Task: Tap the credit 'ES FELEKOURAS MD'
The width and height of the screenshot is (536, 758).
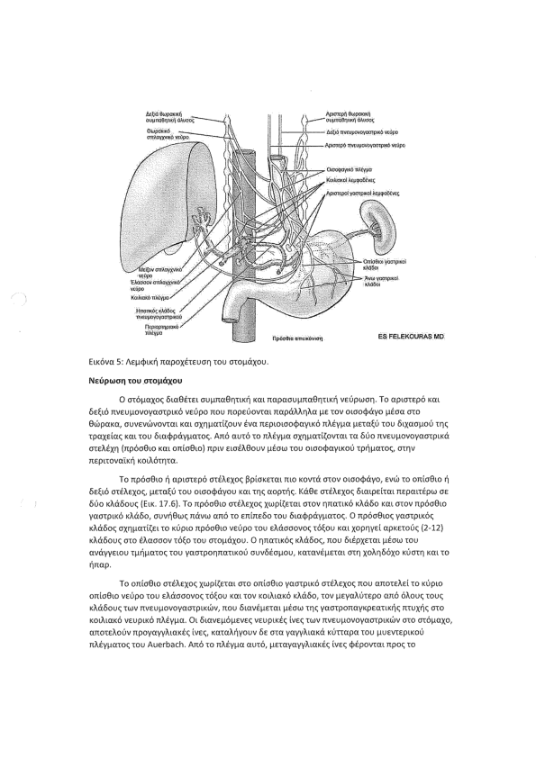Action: (411, 337)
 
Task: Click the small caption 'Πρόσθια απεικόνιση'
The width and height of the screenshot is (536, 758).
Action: (297, 338)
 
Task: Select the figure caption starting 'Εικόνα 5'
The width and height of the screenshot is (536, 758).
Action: (178, 362)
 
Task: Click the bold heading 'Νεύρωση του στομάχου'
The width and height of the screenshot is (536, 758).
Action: (135, 381)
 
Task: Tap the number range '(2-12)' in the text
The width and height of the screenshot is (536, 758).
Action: (432, 528)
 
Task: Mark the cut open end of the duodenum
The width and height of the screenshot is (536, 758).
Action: (230, 319)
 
